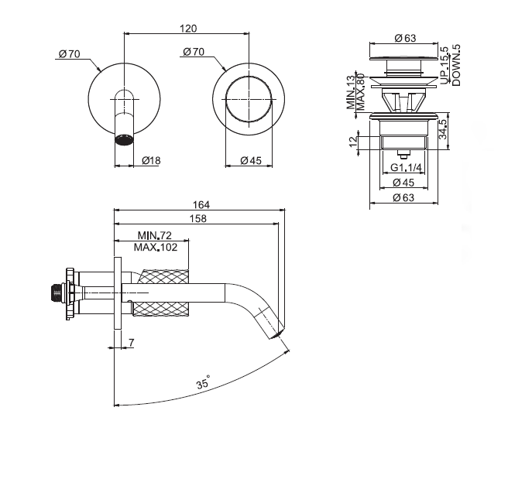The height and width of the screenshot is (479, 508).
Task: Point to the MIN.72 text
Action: pos(154,235)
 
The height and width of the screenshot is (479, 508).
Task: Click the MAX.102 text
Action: pos(155,248)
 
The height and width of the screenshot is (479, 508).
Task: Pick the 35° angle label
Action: pos(203,383)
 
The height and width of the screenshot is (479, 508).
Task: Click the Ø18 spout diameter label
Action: pos(151,160)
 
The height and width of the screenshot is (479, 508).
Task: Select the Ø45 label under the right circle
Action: pos(249,160)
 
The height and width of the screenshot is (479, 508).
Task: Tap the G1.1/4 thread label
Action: pos(406,168)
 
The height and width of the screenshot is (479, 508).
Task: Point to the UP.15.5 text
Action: pos(444,65)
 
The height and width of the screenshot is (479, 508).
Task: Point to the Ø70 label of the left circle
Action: pos(70,53)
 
